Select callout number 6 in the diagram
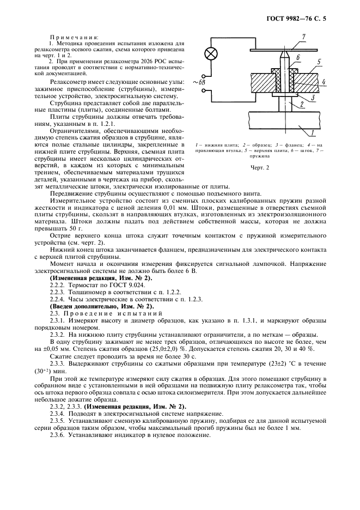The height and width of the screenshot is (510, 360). tap(298, 57)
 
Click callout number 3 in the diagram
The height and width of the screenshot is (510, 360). tap(313, 97)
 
